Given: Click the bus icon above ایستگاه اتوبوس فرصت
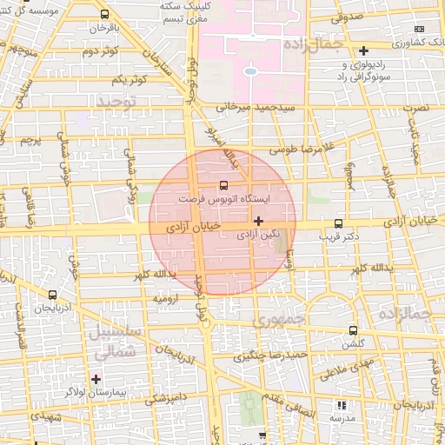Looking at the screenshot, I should [223, 185].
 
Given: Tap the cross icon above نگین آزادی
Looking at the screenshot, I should [258, 221].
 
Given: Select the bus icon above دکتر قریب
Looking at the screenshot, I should [338, 222].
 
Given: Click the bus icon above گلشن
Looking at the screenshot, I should [352, 330].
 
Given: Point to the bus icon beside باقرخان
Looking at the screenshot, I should [105, 16].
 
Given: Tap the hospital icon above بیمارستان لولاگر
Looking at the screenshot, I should [96, 379].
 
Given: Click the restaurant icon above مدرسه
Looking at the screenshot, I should [341, 405].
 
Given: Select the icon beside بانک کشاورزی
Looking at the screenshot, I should [363, 50].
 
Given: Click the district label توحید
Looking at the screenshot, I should [116, 103].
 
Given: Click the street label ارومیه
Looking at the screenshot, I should [166, 298].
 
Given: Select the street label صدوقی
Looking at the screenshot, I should [346, 17].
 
